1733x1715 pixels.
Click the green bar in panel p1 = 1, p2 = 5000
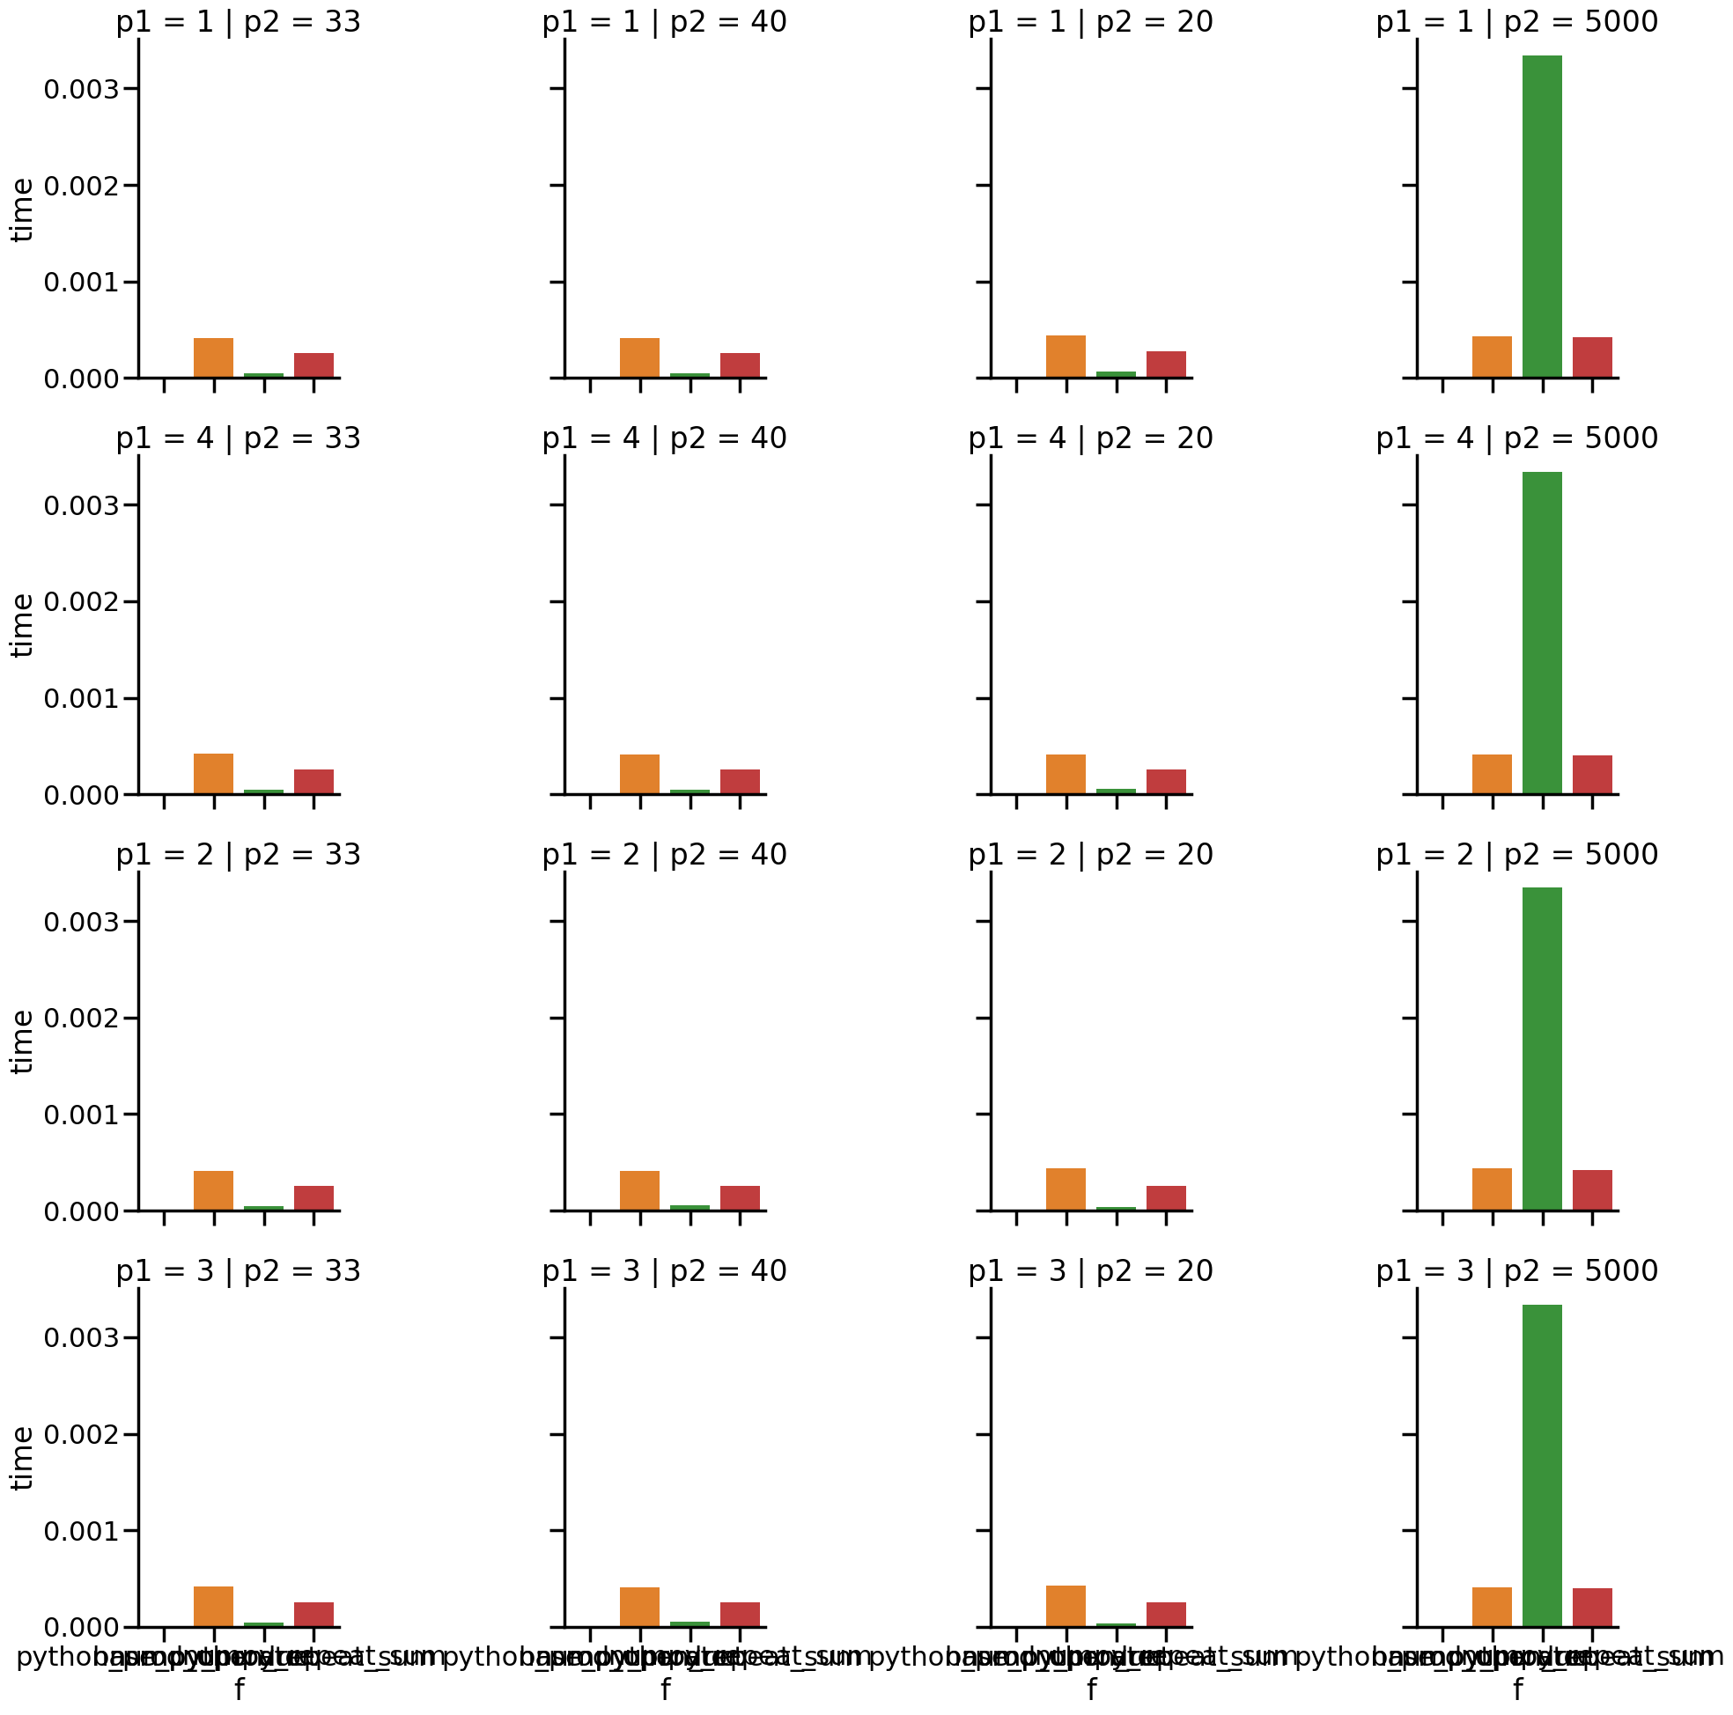tap(1542, 217)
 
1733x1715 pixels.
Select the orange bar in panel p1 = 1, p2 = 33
tap(213, 358)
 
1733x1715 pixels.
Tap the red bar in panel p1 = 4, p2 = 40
tap(740, 781)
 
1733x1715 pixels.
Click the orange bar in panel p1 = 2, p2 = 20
tap(1066, 1189)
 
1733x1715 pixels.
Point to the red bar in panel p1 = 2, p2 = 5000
tap(1592, 1190)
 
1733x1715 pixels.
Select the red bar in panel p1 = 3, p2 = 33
tap(314, 1615)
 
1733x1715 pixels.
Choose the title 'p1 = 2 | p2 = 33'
tap(238, 855)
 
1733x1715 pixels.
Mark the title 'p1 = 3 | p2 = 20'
tap(1090, 1271)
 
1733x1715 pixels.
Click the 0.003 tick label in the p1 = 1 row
tap(82, 89)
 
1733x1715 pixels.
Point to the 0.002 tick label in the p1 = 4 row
tap(82, 601)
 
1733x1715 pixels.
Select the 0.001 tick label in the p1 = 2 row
tap(82, 1114)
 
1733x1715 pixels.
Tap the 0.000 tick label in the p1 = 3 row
tap(82, 1627)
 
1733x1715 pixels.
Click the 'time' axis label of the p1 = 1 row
tap(22, 209)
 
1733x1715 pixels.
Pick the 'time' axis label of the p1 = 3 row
tap(22, 1458)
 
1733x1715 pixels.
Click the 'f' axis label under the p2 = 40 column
tap(666, 1689)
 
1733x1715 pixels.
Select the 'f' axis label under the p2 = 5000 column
tap(1518, 1689)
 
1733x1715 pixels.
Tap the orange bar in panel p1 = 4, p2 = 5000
tap(1492, 774)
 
